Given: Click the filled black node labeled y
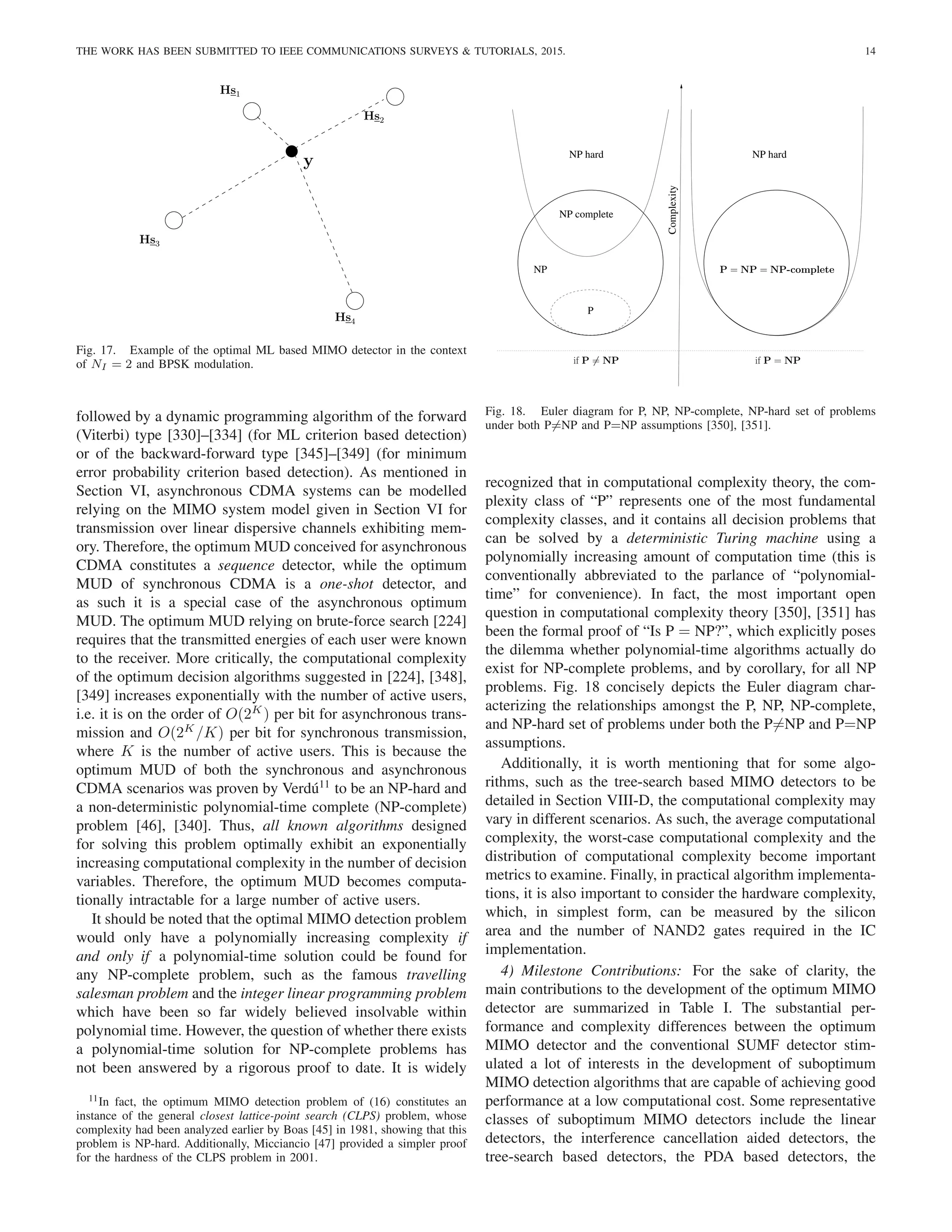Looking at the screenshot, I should (x=291, y=151).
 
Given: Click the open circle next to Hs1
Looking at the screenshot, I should (x=251, y=111).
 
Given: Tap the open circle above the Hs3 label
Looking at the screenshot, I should (x=174, y=220).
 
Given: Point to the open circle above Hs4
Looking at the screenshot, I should (x=355, y=301).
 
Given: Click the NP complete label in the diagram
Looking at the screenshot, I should (x=586, y=214).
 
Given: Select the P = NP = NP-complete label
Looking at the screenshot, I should (x=777, y=270).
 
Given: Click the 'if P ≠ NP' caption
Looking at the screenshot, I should (x=595, y=360).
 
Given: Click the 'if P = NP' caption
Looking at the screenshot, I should (x=777, y=360).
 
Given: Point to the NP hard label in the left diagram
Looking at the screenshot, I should (x=586, y=154).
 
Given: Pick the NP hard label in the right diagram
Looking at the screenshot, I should (x=769, y=154).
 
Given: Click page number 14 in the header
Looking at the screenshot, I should (x=870, y=51).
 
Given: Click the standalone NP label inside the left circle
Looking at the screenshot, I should (x=540, y=270).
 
